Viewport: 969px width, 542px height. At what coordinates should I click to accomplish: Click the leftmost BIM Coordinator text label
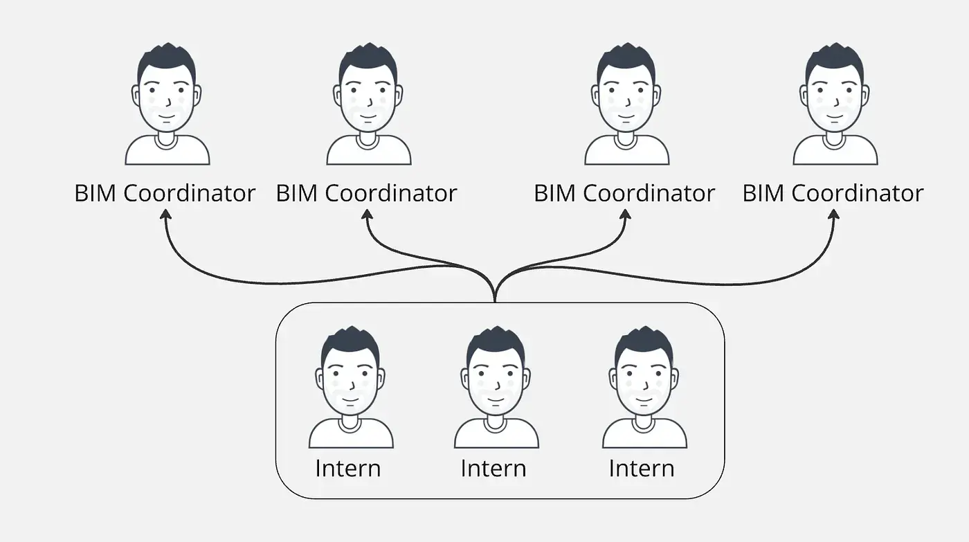[x=165, y=193]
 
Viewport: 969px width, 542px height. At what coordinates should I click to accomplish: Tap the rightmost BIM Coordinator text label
[x=833, y=193]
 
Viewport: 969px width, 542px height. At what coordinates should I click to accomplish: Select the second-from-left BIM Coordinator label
[x=366, y=193]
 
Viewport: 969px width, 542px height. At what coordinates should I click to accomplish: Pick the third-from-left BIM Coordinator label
[x=624, y=193]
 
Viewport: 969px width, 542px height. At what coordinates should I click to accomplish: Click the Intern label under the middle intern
[x=493, y=469]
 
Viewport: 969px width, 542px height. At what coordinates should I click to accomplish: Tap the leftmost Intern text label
[x=347, y=469]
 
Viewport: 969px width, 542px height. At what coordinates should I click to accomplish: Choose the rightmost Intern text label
[x=641, y=469]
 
